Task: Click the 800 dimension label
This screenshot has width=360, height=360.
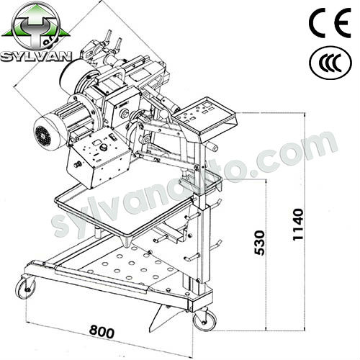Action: point(102,332)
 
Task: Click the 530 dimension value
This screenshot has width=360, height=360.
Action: point(260,243)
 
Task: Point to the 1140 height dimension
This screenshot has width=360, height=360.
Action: point(298,225)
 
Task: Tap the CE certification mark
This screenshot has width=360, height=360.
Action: point(330,22)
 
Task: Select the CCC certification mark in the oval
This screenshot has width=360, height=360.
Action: point(330,63)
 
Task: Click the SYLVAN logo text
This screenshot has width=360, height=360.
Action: point(36,57)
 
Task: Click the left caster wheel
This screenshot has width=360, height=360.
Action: point(25,288)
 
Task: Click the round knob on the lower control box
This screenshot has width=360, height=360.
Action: point(104,148)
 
